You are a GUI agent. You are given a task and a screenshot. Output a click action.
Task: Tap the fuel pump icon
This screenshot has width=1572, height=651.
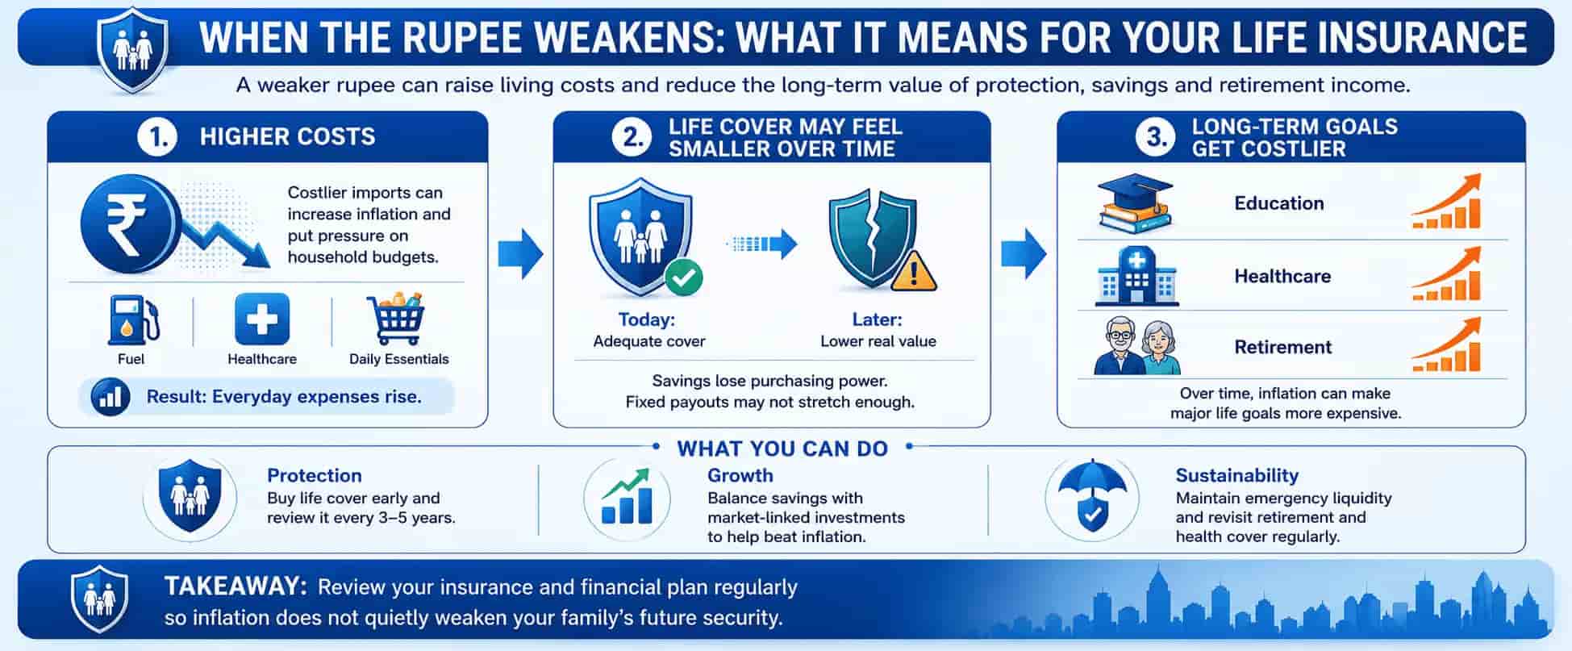coord(132,320)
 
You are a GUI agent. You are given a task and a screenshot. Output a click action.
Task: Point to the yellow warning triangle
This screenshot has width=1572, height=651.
coord(913,271)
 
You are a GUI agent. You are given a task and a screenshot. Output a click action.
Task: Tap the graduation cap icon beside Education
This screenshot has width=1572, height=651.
coord(1135,203)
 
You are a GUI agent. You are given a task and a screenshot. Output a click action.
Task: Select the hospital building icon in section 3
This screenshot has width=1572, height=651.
coord(1136,276)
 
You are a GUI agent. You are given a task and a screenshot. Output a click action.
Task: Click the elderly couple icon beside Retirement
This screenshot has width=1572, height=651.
coord(1137,346)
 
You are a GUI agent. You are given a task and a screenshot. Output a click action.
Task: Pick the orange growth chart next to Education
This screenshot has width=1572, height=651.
coord(1447,202)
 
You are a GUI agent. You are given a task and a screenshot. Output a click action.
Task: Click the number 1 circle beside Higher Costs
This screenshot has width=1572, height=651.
coord(156,137)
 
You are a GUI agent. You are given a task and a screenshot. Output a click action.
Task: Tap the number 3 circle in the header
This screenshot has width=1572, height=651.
coord(1155,137)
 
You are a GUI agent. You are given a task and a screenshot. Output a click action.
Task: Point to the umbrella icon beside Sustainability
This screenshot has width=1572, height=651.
coord(1091,495)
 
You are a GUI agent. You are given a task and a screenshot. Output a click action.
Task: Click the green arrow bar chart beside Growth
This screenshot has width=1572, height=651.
coord(627,497)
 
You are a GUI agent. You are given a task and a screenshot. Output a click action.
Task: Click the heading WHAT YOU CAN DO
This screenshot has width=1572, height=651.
coord(782,449)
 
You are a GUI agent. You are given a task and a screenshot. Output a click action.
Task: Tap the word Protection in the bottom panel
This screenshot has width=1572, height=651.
coord(315,475)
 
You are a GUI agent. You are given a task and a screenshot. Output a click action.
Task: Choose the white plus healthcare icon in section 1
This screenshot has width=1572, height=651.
coord(262,319)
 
